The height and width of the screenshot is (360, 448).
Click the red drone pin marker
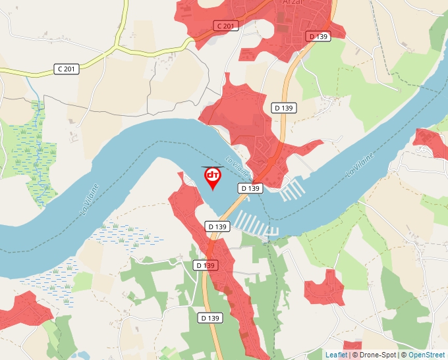click(213, 177)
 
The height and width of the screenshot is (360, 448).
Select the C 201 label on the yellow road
click(67, 68)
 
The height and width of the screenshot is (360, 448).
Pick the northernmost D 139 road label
click(319, 36)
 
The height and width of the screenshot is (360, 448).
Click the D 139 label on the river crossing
click(250, 188)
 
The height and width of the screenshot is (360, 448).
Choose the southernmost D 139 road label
click(210, 318)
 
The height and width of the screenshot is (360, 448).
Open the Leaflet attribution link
click(336, 355)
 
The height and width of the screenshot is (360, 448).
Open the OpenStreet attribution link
click(426, 355)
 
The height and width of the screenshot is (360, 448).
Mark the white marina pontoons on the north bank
click(293, 191)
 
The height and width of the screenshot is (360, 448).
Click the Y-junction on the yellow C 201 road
click(117, 48)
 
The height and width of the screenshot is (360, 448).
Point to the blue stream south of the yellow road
click(36, 99)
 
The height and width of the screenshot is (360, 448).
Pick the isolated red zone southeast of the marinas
click(326, 287)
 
